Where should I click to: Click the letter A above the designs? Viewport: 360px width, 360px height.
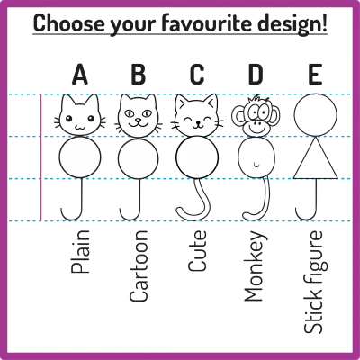80,74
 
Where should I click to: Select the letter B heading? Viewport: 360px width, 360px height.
139,74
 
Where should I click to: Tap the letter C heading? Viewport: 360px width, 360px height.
197,74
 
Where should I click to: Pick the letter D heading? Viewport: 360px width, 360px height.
256,74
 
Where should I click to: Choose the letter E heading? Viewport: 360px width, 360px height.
315,74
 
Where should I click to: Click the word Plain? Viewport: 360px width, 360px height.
80,252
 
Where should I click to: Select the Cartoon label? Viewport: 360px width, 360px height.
139,265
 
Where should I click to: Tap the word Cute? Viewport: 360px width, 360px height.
197,251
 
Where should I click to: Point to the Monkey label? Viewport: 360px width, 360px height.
255,265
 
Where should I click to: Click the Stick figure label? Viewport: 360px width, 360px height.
315,282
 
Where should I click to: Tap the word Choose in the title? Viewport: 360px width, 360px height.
69,23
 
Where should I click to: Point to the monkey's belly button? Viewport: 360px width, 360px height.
256,165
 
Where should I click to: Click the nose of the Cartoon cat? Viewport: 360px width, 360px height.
138,120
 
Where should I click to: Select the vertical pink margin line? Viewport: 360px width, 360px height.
40,157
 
